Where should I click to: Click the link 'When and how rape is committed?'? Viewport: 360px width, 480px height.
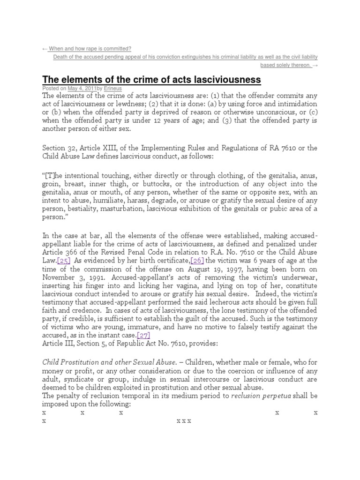click(x=90, y=48)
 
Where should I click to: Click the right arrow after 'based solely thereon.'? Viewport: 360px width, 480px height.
click(x=315, y=65)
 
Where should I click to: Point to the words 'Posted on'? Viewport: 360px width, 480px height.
click(x=54, y=88)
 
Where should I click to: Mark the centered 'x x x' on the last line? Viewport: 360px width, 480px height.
click(x=184, y=421)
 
